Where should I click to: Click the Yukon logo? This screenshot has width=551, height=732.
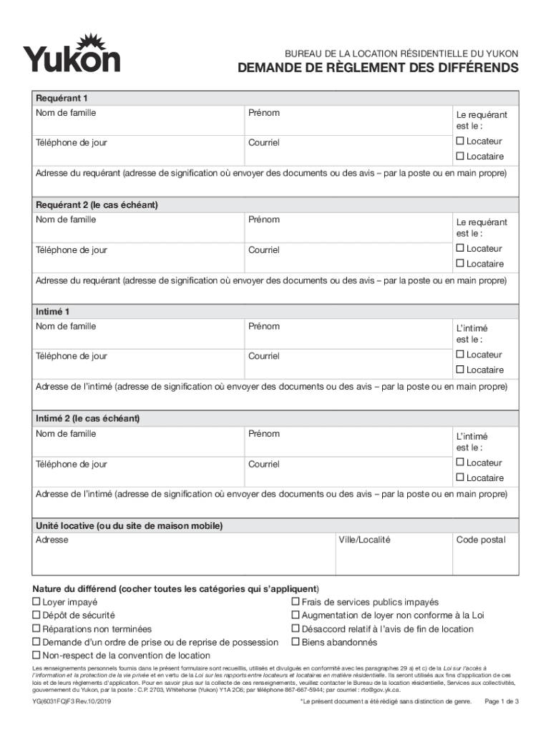72,54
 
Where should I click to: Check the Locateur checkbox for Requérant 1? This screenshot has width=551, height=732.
460,142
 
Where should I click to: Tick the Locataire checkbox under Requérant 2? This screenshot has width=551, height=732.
460,264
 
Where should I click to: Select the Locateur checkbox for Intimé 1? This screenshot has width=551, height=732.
460,355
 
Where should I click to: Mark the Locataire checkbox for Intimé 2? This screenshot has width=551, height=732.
460,478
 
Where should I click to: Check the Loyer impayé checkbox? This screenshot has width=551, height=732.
36,603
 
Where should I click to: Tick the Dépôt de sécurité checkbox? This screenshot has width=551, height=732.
36,615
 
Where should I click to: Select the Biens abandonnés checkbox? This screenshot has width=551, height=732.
295,642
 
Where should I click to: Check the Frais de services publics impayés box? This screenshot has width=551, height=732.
295,603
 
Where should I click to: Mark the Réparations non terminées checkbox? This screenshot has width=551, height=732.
36,629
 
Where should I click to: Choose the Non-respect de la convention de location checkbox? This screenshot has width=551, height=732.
36,656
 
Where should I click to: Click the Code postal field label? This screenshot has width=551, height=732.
480,540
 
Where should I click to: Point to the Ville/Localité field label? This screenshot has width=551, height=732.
364,540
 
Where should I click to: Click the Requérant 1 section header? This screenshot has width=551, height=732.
62,98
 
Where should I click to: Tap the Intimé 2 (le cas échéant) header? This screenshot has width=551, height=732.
87,418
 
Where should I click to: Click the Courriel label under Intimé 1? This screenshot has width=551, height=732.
263,356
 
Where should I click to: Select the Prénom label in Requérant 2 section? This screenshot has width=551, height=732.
263,219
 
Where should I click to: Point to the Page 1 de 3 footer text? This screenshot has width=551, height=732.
502,702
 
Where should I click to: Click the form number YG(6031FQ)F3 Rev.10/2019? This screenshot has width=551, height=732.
72,702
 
